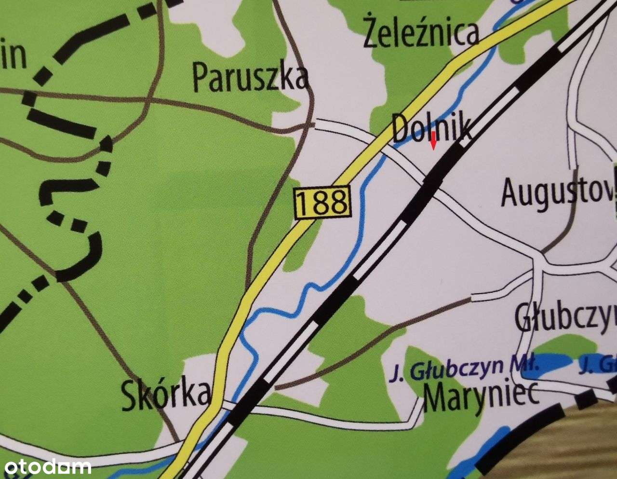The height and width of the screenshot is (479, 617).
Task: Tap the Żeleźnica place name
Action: [x=422, y=33]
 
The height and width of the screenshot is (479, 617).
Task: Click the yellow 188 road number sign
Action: [x=322, y=202]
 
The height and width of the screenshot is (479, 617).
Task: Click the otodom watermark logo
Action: [x=46, y=466]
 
